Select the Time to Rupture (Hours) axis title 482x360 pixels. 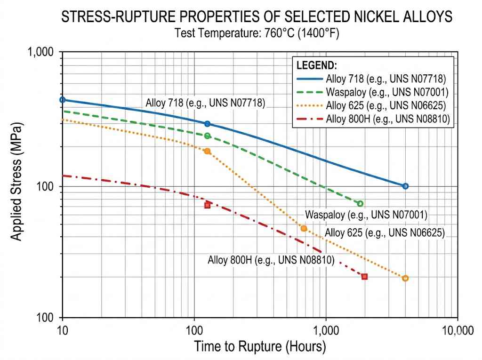(x=260, y=347)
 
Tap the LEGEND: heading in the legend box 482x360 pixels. (x=317, y=65)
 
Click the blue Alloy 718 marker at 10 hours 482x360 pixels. (x=63, y=100)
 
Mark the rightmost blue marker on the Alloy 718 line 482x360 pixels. (x=405, y=186)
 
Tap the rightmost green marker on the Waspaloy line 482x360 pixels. (x=360, y=204)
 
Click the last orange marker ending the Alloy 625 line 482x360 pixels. (x=405, y=278)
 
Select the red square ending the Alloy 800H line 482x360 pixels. (x=364, y=276)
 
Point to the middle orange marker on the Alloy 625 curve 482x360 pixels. (x=304, y=228)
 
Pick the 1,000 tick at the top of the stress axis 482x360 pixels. (x=40, y=52)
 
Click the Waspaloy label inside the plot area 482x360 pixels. (x=366, y=215)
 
